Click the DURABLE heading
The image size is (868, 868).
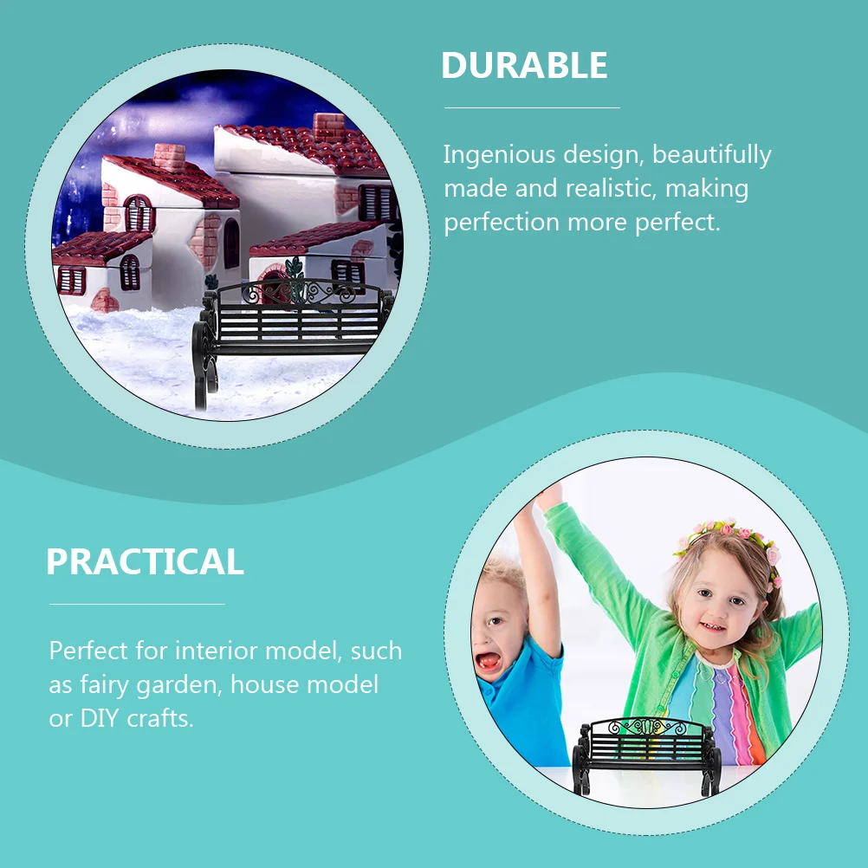[x=524, y=65]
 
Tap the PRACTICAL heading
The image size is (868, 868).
[x=145, y=561]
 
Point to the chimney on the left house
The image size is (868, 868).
[x=170, y=158]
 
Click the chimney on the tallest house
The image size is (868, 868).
[x=329, y=128]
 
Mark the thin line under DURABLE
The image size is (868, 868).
[x=532, y=108]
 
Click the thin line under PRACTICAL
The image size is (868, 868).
[x=137, y=604]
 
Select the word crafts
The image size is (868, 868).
[x=160, y=718]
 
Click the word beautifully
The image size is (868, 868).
[x=712, y=156]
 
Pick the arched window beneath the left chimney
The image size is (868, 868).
[x=139, y=214]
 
